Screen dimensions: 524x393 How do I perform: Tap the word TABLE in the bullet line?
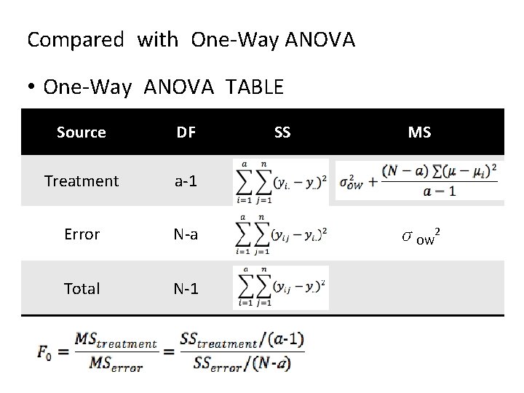pos(255,87)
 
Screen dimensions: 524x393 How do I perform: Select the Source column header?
pos(82,132)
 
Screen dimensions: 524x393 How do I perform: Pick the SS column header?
pos(282,132)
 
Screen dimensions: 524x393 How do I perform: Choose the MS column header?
pos(419,132)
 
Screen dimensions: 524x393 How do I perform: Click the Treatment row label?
pos(82,181)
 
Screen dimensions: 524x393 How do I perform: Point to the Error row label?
pos(82,234)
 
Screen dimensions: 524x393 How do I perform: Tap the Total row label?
pos(82,289)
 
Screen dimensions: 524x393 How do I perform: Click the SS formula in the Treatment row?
pos(281,181)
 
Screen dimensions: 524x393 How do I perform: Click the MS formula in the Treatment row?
pos(420,180)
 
